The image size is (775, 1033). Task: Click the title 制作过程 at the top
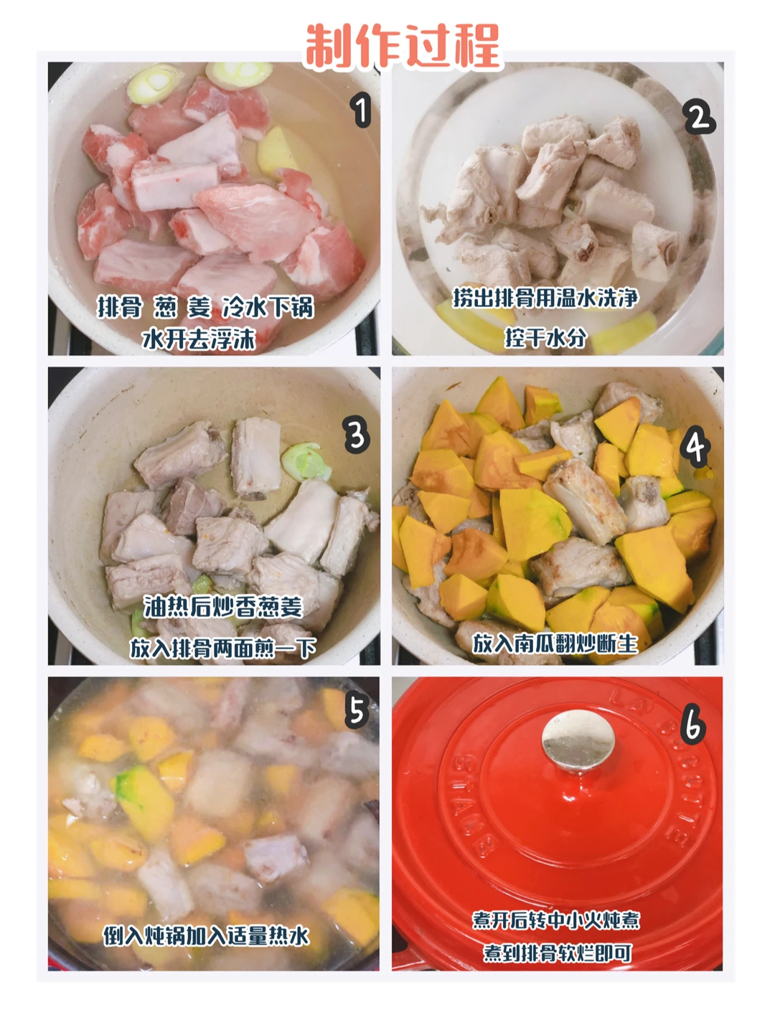click(403, 47)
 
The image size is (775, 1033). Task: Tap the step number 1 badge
click(360, 110)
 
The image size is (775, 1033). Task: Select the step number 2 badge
click(699, 118)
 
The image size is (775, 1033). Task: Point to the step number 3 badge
click(357, 436)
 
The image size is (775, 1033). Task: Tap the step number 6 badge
click(694, 727)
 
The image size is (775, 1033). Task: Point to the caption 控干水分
click(546, 337)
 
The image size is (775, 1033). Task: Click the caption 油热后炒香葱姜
click(223, 607)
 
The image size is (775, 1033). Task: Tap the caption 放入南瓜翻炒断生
click(555, 643)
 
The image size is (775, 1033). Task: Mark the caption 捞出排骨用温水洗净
click(545, 298)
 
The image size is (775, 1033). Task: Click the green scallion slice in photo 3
click(306, 462)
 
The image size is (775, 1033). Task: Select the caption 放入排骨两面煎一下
click(222, 649)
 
